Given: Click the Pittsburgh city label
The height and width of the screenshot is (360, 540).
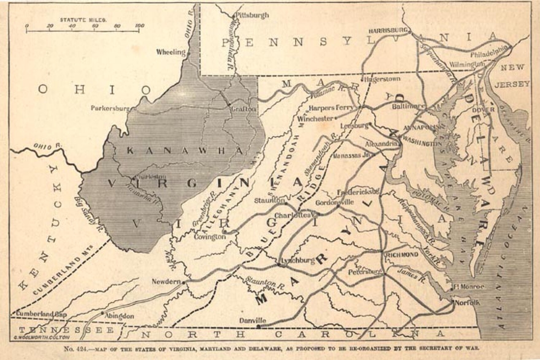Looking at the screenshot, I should tap(252, 15).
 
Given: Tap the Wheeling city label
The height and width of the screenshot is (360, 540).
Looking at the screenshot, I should tap(171, 52).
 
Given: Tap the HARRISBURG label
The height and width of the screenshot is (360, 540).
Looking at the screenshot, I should tap(388, 31).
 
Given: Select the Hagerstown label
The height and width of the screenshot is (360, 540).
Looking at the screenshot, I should tap(382, 79).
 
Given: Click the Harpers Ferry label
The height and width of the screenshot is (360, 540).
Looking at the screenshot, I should tap(331, 108).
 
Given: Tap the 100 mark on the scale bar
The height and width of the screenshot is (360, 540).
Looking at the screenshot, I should tap(139, 26).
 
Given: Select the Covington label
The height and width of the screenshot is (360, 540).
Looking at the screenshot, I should tap(210, 237).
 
